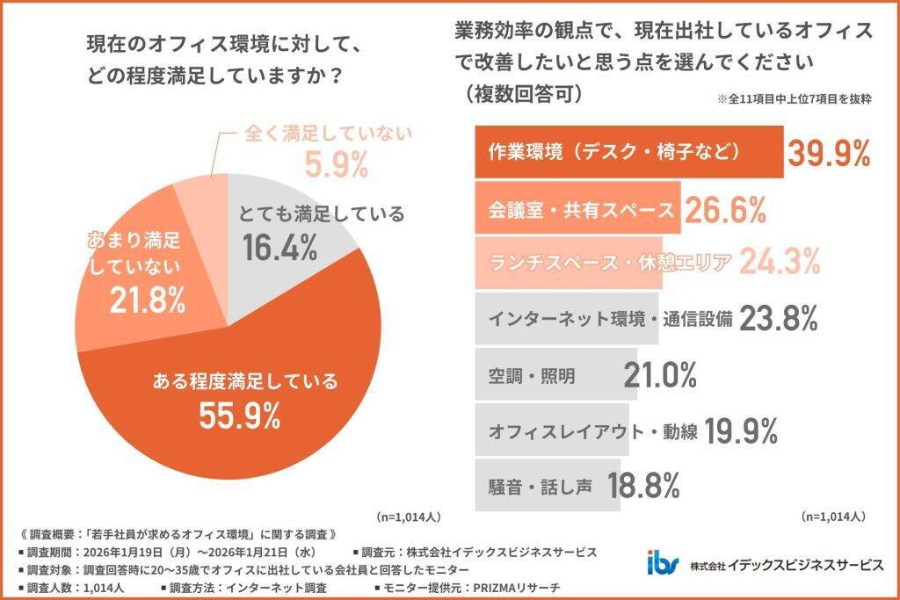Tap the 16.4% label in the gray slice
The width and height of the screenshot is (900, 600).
pos(279,249)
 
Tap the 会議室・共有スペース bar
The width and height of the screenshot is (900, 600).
pos(577,208)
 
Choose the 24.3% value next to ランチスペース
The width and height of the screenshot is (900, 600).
pos(780,261)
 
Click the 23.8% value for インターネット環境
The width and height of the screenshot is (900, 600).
pos(780,318)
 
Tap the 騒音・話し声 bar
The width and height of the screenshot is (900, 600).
pos(542,485)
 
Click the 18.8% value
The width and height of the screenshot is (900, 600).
pos(646,485)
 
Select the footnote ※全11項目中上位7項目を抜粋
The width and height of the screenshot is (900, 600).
pos(794,100)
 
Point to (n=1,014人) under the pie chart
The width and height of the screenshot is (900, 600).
pos(408,517)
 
